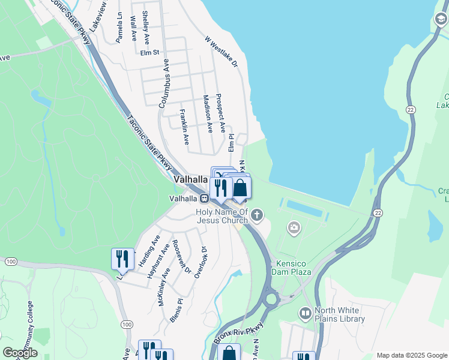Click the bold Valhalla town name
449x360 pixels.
[x=190, y=179]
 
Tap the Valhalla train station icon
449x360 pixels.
[x=205, y=199]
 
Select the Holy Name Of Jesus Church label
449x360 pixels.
[x=221, y=216]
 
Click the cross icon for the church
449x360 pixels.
[x=257, y=214]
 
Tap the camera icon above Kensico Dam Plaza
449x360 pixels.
[x=294, y=227]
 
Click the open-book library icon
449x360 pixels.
[x=306, y=313]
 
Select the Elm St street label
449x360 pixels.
[x=149, y=53]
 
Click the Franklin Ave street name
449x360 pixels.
[x=183, y=127]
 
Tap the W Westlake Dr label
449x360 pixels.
[x=221, y=50]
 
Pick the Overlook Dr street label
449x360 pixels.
[x=200, y=262]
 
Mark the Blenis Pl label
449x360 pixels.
[x=176, y=310]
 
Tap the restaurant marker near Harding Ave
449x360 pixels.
[x=122, y=259]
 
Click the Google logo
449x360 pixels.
[x=20, y=353]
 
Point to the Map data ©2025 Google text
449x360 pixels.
[x=412, y=355]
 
